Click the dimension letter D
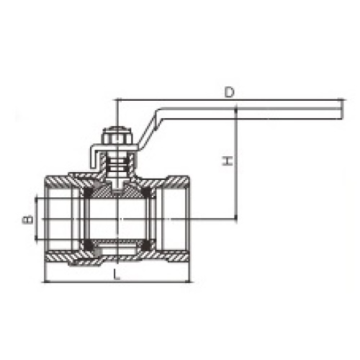coord(228,91)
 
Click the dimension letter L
coord(115,274)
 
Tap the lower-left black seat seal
coord(89,246)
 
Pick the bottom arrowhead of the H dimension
coord(235,216)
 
